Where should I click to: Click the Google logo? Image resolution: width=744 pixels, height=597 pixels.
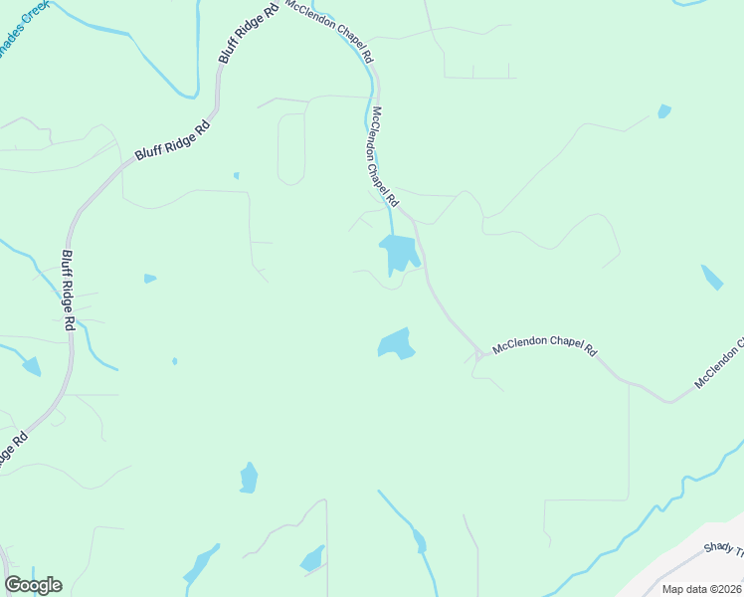[x=33, y=585]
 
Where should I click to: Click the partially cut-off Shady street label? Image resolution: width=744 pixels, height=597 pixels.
[x=722, y=548]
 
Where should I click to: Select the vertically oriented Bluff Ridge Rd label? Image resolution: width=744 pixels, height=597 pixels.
[x=68, y=290]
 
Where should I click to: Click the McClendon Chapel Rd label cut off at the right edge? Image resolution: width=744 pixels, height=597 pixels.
[x=718, y=366]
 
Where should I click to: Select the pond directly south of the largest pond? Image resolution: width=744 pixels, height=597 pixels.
[x=396, y=344]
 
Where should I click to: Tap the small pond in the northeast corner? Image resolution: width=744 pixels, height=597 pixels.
[x=663, y=110]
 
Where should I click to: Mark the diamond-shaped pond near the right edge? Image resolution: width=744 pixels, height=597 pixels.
[x=712, y=277]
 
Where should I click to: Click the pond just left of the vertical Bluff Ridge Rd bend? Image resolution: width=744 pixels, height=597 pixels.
[x=31, y=366]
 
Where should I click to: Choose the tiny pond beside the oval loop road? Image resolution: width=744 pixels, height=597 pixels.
[x=236, y=176]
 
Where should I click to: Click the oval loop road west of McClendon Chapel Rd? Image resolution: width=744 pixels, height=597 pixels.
[x=290, y=149]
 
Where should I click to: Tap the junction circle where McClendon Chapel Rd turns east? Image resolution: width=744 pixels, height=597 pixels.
[x=478, y=354]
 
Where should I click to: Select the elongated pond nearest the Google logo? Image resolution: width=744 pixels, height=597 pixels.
[x=202, y=565]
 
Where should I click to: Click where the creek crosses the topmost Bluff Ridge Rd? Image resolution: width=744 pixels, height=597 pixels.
[x=215, y=98]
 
